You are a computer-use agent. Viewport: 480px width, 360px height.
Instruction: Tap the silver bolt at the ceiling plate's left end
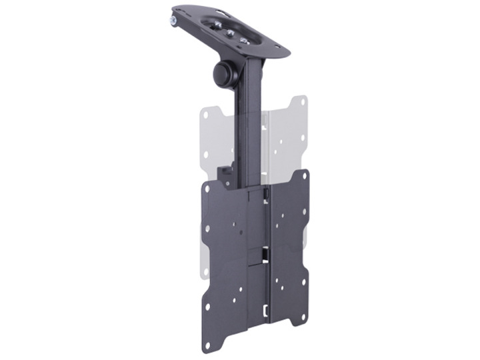click(x=173, y=21)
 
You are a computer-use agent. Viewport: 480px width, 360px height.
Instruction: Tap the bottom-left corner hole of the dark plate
click(x=207, y=345)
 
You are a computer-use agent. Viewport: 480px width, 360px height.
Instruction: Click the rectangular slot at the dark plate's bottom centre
click(x=265, y=311)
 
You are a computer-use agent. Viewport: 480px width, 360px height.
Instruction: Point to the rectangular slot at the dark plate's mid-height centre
click(x=265, y=252)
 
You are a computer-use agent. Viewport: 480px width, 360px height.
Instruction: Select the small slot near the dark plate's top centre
click(x=265, y=194)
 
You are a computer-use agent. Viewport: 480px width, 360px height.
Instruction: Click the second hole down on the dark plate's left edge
click(x=207, y=229)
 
